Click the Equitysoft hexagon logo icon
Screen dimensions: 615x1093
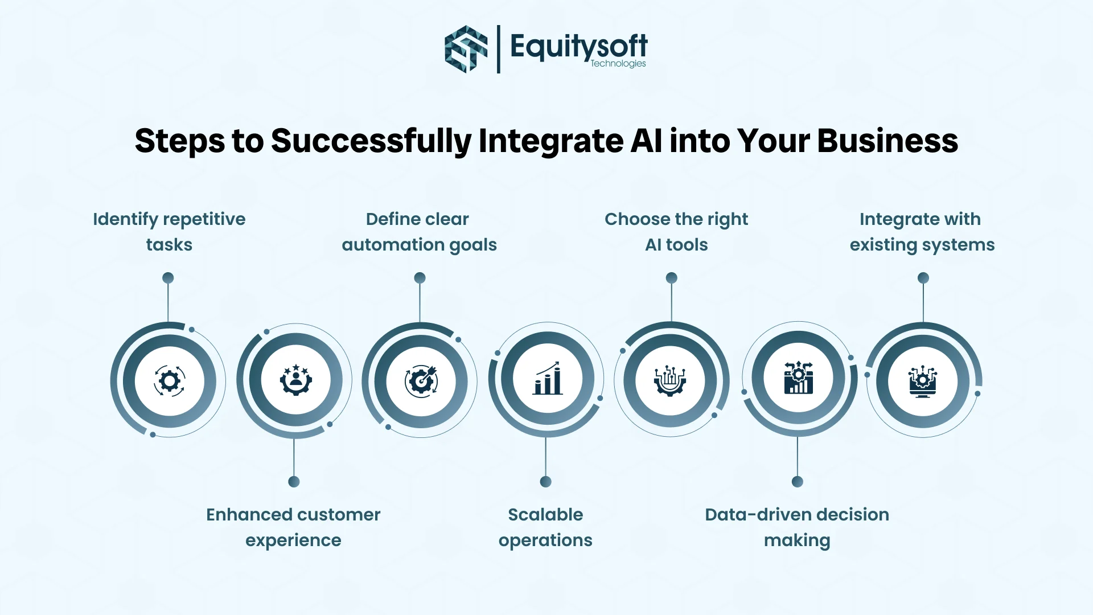coord(466,49)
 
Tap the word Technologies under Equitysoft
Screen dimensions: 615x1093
coord(618,63)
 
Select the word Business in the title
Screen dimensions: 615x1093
coord(887,141)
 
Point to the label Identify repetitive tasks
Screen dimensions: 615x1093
coord(169,232)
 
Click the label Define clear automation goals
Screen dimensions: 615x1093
coord(420,232)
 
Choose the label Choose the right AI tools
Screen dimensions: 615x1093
coord(676,232)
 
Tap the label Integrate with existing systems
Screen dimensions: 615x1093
coord(922,232)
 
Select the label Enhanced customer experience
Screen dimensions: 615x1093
coord(293,527)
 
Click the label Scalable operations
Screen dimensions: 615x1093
coord(545,527)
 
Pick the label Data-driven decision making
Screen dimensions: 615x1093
coord(797,527)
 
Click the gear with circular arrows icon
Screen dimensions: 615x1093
coord(170,381)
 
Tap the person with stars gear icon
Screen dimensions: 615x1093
coord(295,380)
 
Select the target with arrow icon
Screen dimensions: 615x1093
coord(421,380)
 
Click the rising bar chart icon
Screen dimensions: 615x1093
coord(547,378)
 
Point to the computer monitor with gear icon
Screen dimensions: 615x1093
coord(923,382)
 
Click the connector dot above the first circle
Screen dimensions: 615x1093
coord(168,278)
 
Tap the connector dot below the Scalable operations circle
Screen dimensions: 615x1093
coord(545,482)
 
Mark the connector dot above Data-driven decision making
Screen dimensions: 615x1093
coord(797,482)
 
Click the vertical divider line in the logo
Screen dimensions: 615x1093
coord(499,49)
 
